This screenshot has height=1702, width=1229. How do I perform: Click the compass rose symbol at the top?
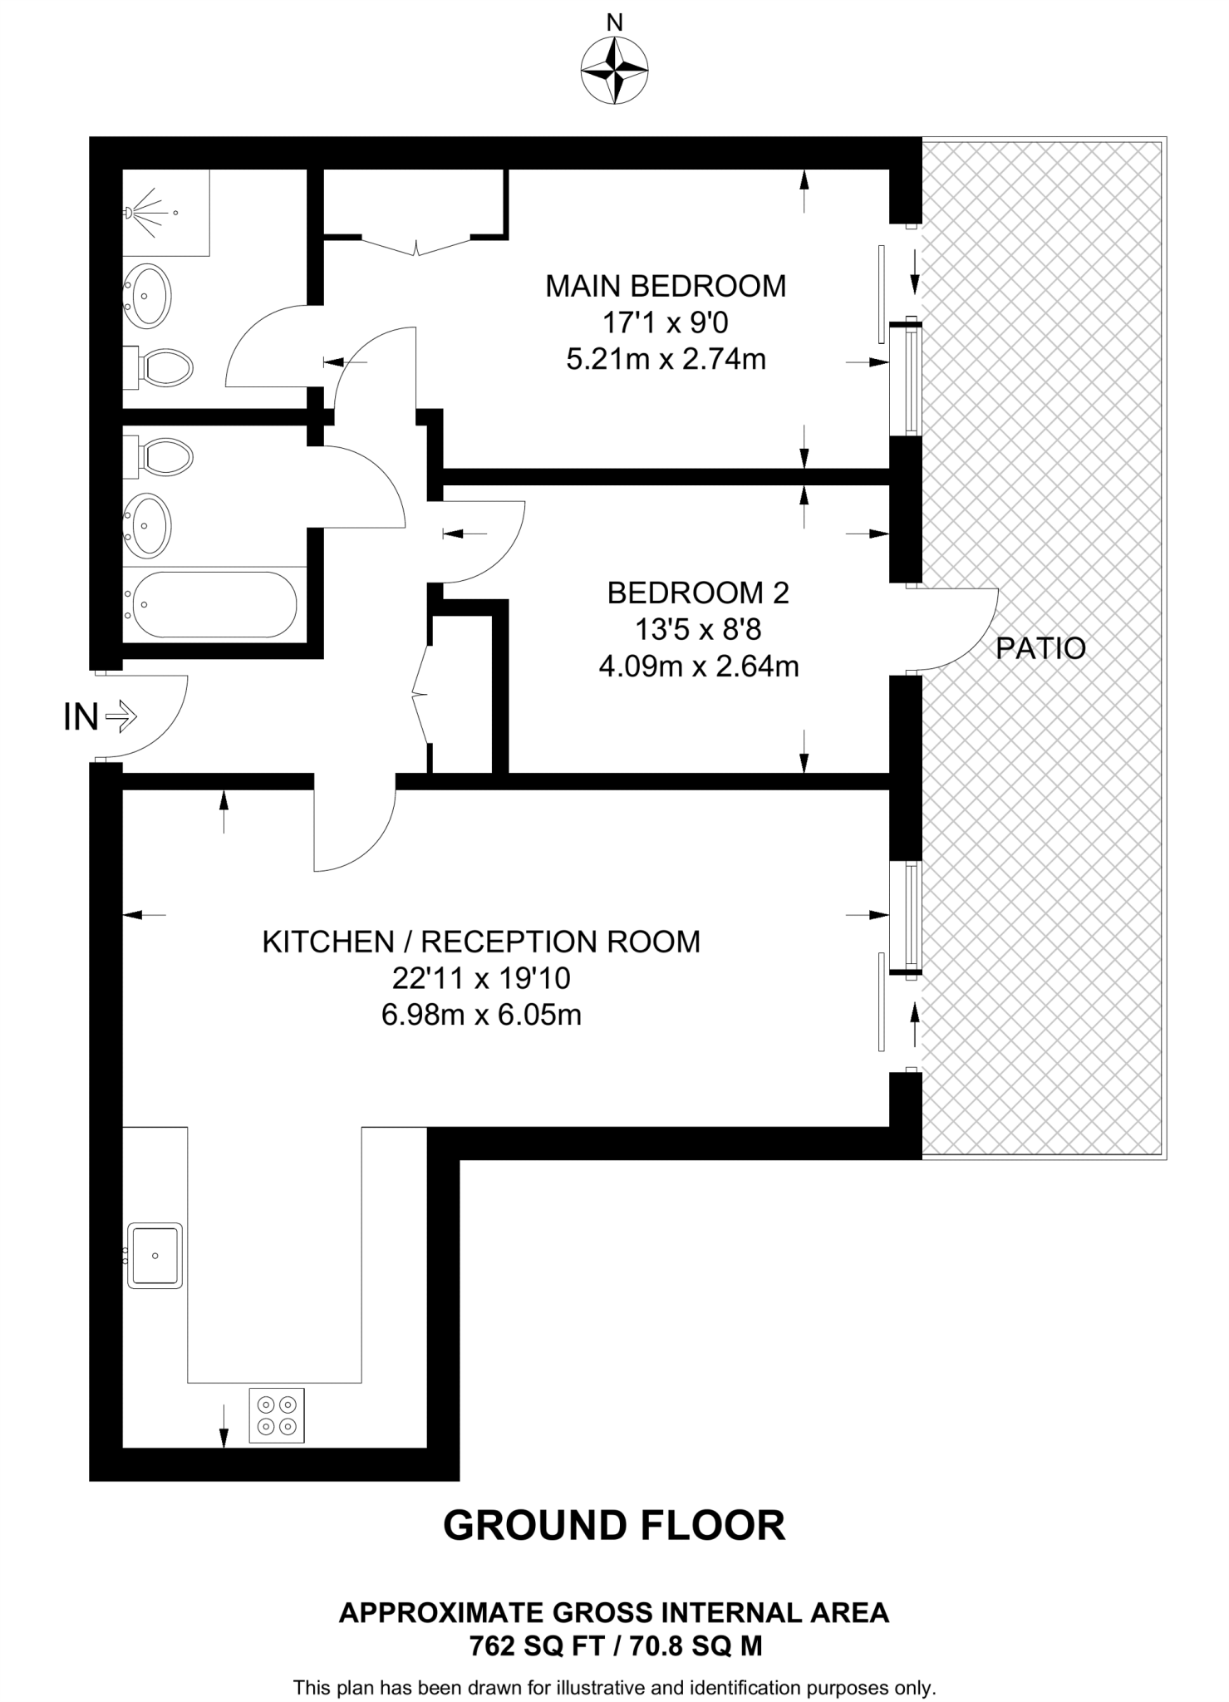pyautogui.click(x=615, y=71)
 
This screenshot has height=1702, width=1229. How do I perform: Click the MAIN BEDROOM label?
pyautogui.click(x=665, y=286)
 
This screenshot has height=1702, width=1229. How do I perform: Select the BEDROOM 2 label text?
pyautogui.click(x=698, y=593)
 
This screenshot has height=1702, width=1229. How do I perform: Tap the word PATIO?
pyautogui.click(x=1040, y=648)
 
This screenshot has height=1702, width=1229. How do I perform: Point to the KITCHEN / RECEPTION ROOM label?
pyautogui.click(x=481, y=942)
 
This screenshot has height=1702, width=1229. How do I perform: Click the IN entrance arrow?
pyautogui.click(x=123, y=716)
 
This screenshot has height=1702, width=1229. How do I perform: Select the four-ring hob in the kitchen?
pyautogui.click(x=277, y=1415)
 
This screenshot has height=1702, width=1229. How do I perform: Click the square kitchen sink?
pyautogui.click(x=155, y=1255)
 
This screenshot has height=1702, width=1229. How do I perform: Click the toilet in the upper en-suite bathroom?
pyautogui.click(x=163, y=366)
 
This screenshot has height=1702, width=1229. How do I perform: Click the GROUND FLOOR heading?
pyautogui.click(x=614, y=1526)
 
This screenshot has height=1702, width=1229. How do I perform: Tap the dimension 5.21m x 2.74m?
pyautogui.click(x=666, y=359)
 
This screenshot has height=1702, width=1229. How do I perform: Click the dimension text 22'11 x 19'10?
pyautogui.click(x=481, y=978)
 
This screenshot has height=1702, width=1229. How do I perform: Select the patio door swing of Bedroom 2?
pyautogui.click(x=956, y=629)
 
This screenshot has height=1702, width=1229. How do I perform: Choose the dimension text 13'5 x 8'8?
pyautogui.click(x=698, y=629)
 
